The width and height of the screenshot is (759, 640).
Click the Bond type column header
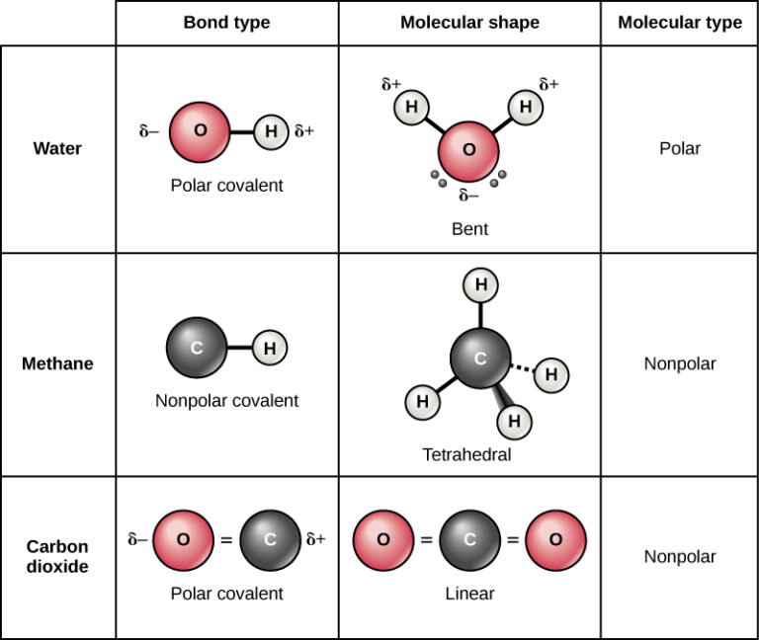226,23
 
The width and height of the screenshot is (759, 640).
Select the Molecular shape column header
469,23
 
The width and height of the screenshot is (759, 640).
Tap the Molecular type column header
680,23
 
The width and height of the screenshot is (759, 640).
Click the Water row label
57,149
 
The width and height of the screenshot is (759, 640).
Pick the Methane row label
57,363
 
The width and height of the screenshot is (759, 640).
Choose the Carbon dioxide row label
57,557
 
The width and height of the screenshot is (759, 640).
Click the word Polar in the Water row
680,149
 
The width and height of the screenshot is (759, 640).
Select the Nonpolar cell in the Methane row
680,363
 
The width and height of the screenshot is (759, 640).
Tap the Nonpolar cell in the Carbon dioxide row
680,557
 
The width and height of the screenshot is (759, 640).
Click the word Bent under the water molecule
469,229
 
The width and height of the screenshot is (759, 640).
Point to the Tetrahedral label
467,454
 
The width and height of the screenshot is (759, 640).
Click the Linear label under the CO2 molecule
469,594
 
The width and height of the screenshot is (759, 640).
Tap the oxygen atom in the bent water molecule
468,150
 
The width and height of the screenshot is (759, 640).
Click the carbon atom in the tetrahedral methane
480,360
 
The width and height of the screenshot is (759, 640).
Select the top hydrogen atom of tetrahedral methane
480,286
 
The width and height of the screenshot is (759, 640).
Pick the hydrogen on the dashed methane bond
551,375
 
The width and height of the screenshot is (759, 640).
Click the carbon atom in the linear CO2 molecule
469,540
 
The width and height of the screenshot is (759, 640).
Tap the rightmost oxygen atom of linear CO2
555,540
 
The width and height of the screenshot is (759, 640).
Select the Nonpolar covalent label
226,401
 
